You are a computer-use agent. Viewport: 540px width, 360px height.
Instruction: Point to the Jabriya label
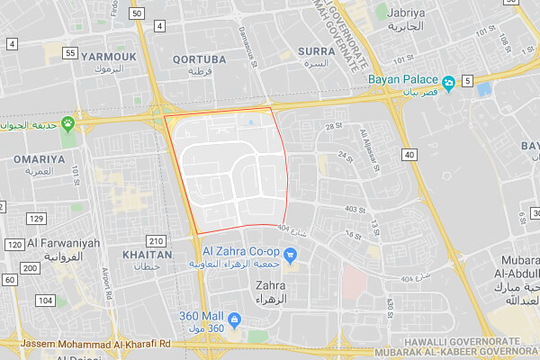(x=405, y=13)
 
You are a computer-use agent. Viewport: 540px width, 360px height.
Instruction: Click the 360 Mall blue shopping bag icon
(x=234, y=319)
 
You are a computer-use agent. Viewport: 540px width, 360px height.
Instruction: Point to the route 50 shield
(x=136, y=13)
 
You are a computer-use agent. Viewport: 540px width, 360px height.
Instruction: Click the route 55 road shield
(x=69, y=54)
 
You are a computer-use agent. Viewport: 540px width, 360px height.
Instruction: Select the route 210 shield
(x=157, y=240)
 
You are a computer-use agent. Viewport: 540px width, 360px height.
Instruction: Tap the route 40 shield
(x=409, y=156)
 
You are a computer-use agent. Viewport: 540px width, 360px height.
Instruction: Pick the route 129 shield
(x=36, y=219)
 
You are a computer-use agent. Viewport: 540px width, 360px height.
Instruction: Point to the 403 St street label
(x=354, y=209)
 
